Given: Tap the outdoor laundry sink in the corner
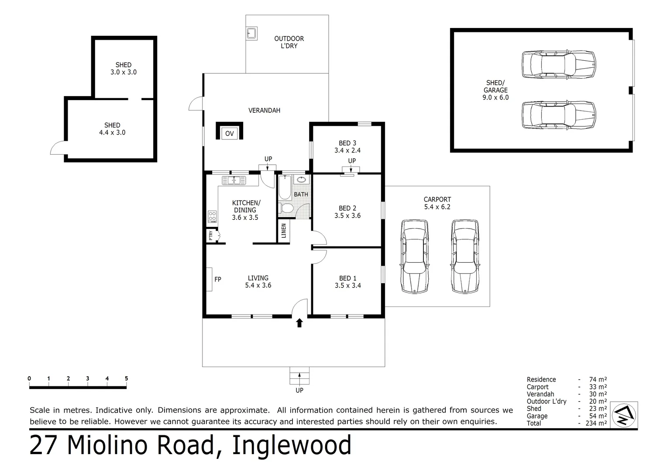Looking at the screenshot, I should (252, 33).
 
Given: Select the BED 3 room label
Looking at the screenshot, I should (347, 146).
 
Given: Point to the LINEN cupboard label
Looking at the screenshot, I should (284, 230).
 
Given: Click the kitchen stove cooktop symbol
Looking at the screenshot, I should (212, 215).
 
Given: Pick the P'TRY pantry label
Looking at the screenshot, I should (211, 236).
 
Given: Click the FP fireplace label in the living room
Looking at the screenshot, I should (218, 279).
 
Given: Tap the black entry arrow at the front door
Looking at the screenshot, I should (299, 323).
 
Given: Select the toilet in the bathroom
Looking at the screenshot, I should (287, 208).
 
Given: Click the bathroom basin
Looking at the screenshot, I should (301, 179).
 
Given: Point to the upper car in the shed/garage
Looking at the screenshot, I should (559, 65).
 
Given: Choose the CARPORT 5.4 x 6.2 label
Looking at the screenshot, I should (437, 203).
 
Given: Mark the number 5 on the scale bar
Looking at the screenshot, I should (126, 378).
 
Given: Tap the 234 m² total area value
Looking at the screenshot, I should (596, 423).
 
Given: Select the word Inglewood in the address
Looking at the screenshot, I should (292, 446).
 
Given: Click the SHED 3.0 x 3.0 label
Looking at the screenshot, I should (124, 69).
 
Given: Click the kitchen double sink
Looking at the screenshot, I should (234, 180).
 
